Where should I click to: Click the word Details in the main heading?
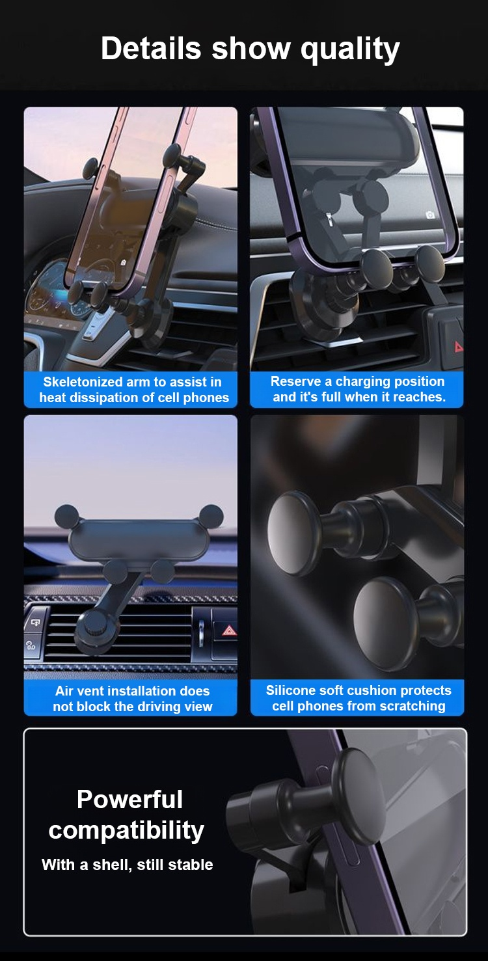pyautogui.click(x=151, y=48)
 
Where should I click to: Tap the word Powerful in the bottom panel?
pyautogui.click(x=129, y=799)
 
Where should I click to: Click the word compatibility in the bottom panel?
pyautogui.click(x=126, y=831)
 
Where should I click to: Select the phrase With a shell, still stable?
pyautogui.click(x=127, y=865)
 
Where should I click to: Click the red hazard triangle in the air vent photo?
pyautogui.click(x=229, y=630)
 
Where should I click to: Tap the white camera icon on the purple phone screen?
pyautogui.click(x=431, y=215)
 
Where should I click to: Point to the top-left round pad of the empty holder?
pyautogui.click(x=67, y=516)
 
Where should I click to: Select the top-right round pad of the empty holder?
pyautogui.click(x=211, y=516)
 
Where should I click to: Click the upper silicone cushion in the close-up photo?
pyautogui.click(x=294, y=534)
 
